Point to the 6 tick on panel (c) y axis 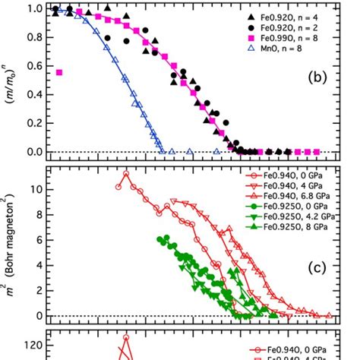click(x=37, y=239)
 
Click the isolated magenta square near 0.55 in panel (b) click(x=59, y=73)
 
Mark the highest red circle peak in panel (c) click(x=126, y=174)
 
